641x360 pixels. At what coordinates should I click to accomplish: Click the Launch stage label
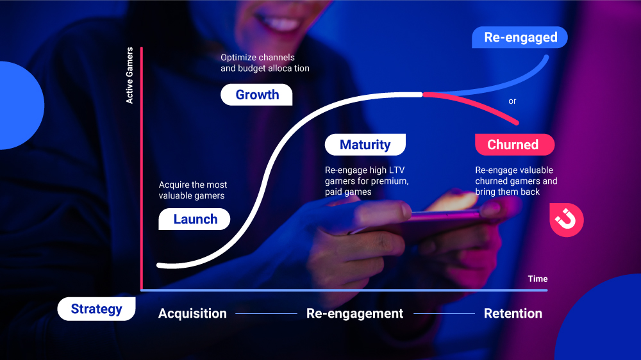[x=194, y=219]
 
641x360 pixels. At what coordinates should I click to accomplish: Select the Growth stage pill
[x=256, y=94]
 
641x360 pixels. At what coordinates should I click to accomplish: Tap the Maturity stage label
[x=365, y=144]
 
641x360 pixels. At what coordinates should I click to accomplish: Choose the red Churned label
[x=515, y=144]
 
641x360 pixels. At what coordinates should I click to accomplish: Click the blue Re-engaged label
[x=520, y=37]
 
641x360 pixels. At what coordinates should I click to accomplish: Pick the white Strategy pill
[x=97, y=309]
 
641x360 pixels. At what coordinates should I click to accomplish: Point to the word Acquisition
[x=192, y=313]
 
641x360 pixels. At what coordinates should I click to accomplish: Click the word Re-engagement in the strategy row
[x=355, y=313]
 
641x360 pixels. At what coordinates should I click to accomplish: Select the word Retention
[x=513, y=313]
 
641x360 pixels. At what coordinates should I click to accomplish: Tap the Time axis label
[x=538, y=279]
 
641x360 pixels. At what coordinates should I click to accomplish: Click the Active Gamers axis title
[x=129, y=75]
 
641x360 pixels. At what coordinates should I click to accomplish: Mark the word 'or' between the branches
[x=512, y=101]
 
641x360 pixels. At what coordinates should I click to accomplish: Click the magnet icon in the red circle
[x=566, y=220]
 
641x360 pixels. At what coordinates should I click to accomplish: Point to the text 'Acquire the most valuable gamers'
[x=192, y=190]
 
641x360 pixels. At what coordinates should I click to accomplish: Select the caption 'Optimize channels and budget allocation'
[x=265, y=63]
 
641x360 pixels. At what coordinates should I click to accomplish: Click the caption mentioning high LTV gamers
[x=367, y=181]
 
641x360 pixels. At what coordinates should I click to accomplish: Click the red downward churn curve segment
[x=474, y=103]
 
